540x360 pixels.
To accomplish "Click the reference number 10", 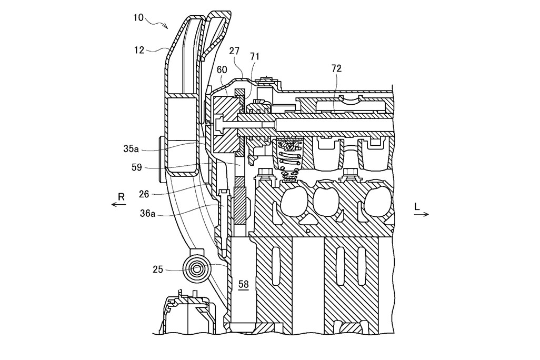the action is (138, 17).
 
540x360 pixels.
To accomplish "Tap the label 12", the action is (139, 51).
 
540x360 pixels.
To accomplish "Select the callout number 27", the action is (234, 52).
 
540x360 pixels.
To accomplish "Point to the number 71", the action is (255, 56).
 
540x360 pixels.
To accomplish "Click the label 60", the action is (222, 70).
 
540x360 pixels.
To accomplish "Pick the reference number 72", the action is (336, 69).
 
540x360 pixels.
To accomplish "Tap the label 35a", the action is (131, 149).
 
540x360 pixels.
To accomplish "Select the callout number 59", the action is (137, 167).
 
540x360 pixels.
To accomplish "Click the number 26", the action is (144, 194).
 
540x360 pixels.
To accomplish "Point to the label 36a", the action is (147, 214).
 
